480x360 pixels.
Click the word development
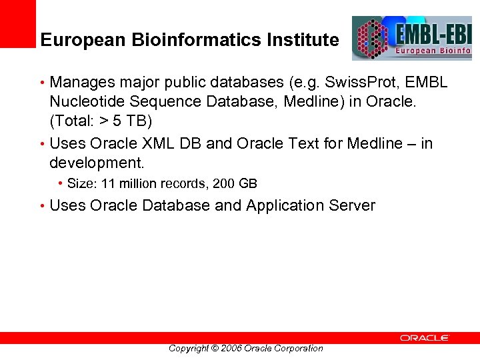[x=96, y=163]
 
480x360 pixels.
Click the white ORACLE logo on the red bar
[x=425, y=338]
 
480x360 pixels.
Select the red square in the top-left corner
[x=17, y=23]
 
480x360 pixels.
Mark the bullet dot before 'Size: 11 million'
[x=61, y=183]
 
